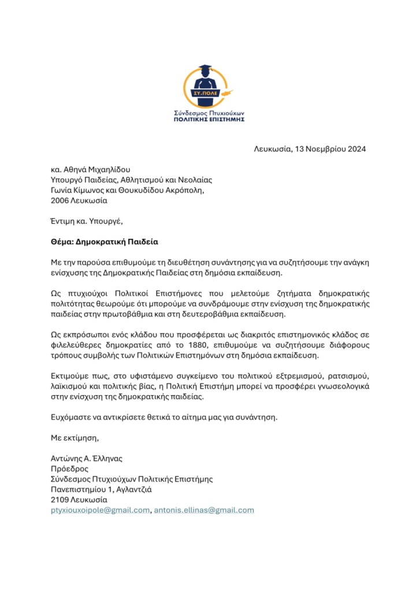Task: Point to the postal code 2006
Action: pyautogui.click(x=61, y=201)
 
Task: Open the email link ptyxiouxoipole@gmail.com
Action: pyautogui.click(x=101, y=510)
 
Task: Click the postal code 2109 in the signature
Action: pyautogui.click(x=60, y=500)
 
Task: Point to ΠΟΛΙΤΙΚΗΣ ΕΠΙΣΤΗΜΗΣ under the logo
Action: pyautogui.click(x=209, y=119)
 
